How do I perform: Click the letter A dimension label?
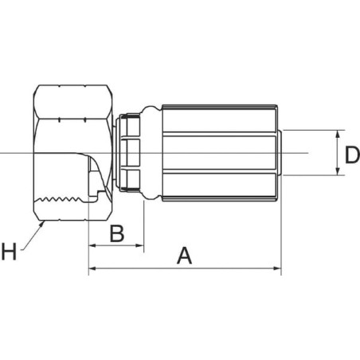pos(184,256)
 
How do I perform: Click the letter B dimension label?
pos(117,233)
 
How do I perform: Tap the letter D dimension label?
pos(352,155)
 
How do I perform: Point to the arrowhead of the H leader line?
pos(41,225)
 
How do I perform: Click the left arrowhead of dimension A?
pos(92,268)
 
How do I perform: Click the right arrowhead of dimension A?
pos(277,268)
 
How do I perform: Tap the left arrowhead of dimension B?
pos(92,245)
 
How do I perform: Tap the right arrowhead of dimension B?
pos(139,245)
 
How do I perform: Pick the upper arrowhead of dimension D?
pos(338,134)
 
